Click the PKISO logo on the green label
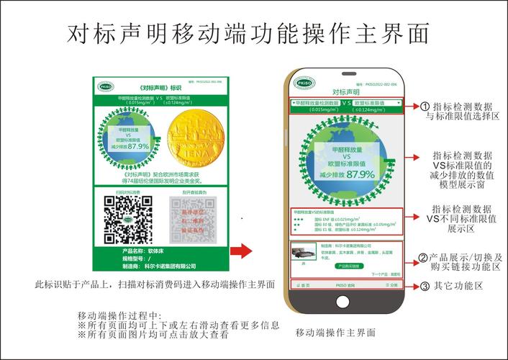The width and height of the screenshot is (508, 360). pyautogui.click(x=103, y=84)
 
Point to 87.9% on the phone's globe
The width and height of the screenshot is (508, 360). pyautogui.click(x=360, y=174)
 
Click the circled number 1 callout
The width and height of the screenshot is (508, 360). pyautogui.click(x=424, y=105)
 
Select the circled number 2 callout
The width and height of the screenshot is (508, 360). pyautogui.click(x=424, y=258)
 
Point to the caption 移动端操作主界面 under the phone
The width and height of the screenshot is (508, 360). pyautogui.click(x=335, y=333)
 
